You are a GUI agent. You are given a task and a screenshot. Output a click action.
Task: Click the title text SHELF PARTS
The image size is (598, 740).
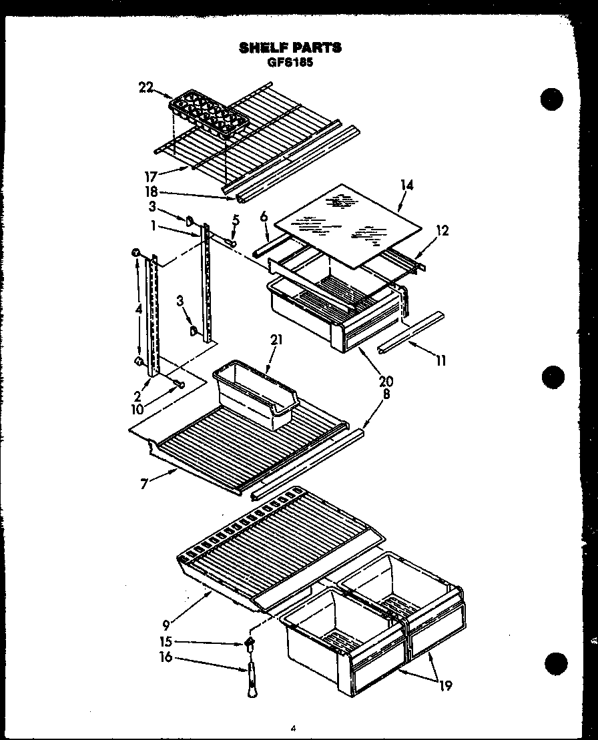coord(290,47)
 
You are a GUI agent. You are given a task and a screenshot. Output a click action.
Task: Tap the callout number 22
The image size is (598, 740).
coord(146,87)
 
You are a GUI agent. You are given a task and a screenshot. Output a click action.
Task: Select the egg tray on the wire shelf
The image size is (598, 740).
coord(208,116)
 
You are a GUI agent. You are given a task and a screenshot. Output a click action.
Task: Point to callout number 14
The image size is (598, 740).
coord(406,185)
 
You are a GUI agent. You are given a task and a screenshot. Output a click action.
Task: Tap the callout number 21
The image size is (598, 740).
coord(276,340)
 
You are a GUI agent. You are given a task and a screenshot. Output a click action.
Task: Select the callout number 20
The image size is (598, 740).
coord(386,382)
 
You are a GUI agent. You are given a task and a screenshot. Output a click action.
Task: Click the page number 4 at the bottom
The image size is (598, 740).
coord(293,729)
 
